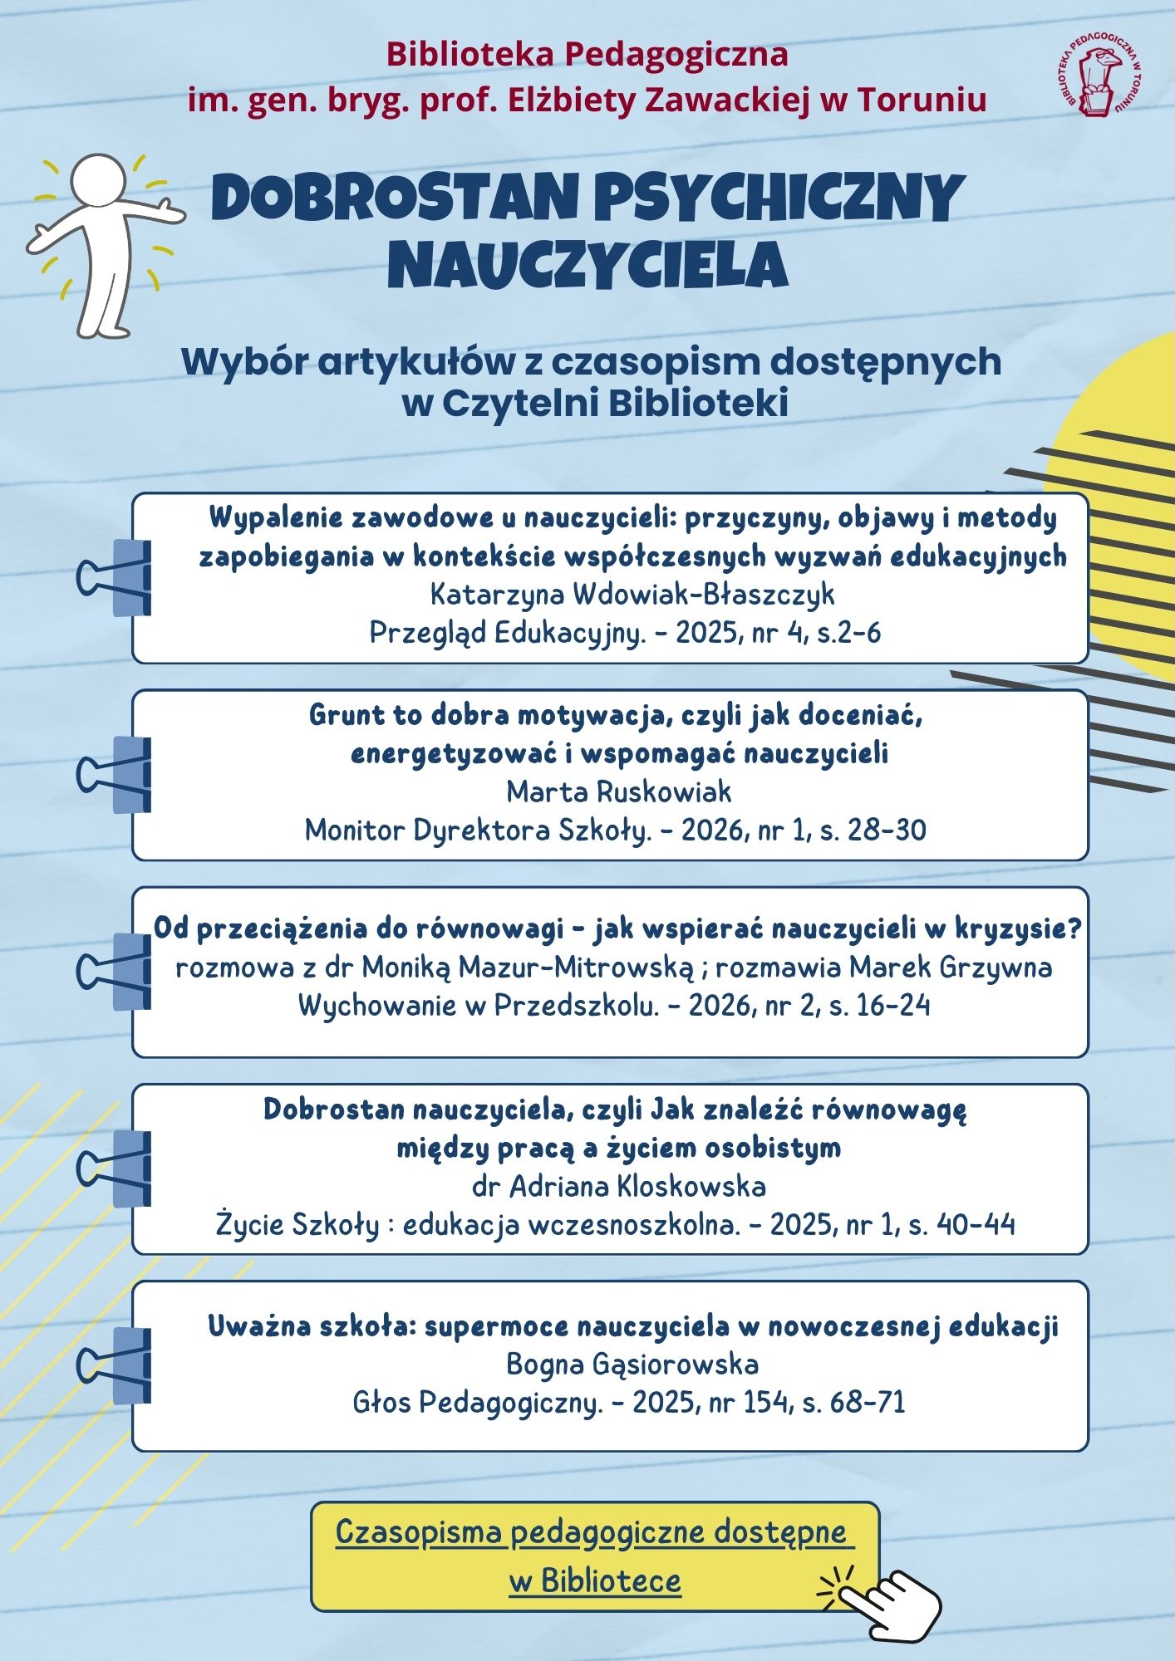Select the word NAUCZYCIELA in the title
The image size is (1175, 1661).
[x=587, y=264]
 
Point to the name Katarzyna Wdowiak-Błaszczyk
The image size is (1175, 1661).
[x=632, y=595]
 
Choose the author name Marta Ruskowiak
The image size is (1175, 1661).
[x=619, y=791]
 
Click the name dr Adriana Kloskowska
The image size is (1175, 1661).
[x=619, y=1186]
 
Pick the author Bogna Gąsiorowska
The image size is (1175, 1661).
[x=632, y=1364]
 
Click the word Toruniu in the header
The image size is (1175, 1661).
[x=922, y=100]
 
